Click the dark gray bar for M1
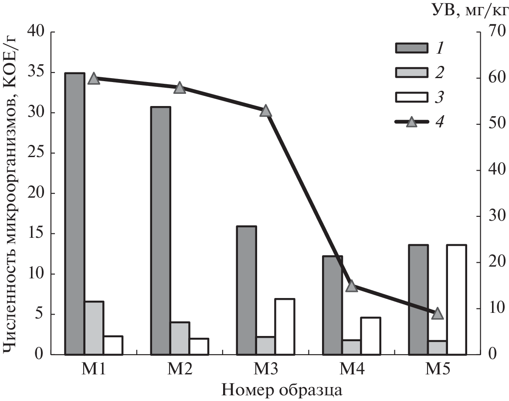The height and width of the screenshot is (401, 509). [75, 213]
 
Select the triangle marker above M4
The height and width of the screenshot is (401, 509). [352, 287]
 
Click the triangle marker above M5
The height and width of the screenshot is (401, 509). [438, 313]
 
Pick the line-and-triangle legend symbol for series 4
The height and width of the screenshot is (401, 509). [411, 122]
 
